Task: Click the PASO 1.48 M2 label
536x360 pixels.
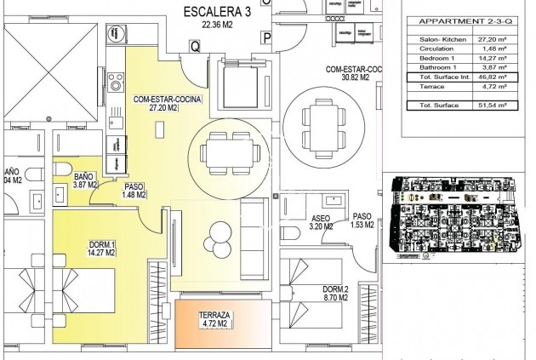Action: (x=134, y=191)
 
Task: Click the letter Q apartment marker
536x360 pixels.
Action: (x=195, y=48)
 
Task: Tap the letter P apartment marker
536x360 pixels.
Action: (x=266, y=38)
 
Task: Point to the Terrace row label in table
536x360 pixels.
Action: (x=425, y=85)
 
